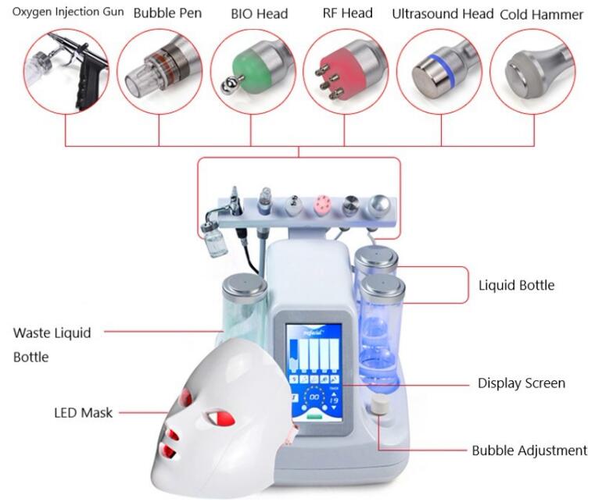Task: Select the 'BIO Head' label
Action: pos(259,13)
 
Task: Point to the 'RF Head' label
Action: pos(347,12)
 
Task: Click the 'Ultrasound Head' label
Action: pos(442,14)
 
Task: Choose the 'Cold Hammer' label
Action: pos(541,14)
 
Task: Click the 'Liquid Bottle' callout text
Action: pos(516,285)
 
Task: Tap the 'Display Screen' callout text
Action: pos(521,383)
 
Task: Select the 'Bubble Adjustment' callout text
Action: pos(529,450)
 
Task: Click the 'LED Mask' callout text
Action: pos(83,412)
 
